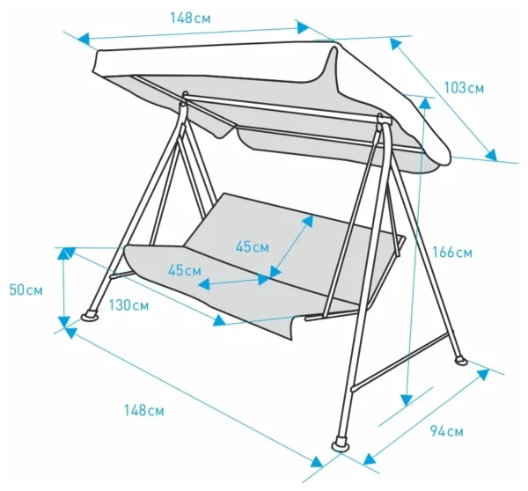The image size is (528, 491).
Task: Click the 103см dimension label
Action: pos(464,88)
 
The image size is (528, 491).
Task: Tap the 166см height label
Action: pos(452,253)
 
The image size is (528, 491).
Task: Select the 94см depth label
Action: pos(447,431)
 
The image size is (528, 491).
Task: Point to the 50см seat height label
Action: pos(26,290)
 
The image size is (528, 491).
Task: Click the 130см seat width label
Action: pos(128,305)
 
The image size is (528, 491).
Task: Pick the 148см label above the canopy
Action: pos(190,18)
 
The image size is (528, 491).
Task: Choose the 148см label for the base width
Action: pos(144,410)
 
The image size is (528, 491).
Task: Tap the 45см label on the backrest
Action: pos(253,247)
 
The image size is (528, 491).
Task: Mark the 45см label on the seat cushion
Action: pos(185,270)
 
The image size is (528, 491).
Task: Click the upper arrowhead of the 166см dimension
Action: pos(425,102)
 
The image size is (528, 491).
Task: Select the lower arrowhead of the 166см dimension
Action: pos(407,400)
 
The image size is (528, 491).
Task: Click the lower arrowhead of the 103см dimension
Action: pos(491,155)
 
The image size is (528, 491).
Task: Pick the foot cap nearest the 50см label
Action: pos(90,315)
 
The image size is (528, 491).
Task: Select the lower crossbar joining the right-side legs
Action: pos(400,362)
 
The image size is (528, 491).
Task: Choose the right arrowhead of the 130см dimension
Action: pos(219,320)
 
